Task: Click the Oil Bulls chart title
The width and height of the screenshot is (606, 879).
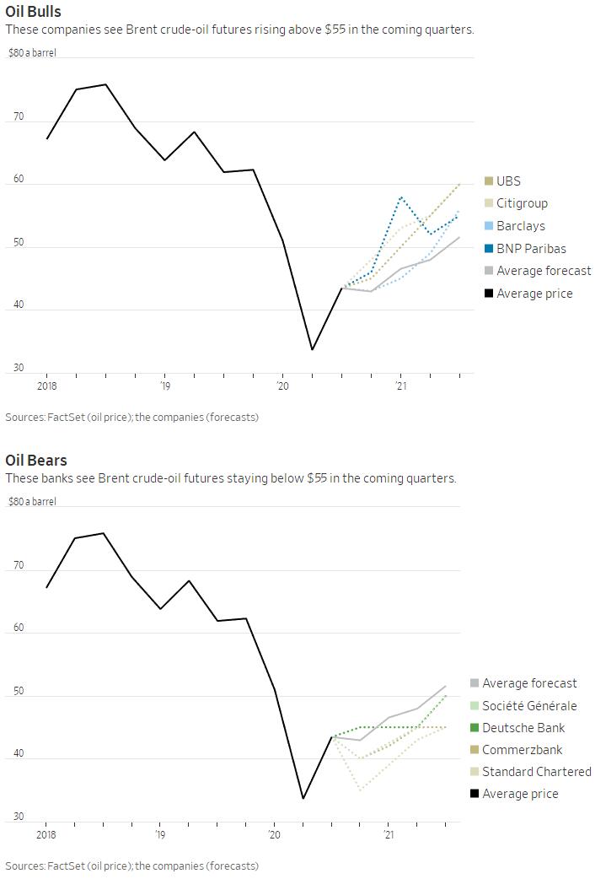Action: [33, 12]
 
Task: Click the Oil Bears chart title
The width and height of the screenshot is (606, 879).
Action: [35, 461]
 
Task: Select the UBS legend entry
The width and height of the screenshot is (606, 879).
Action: [508, 181]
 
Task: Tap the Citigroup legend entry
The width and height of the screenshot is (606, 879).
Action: [522, 203]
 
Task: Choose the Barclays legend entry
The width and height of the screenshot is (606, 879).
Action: [520, 226]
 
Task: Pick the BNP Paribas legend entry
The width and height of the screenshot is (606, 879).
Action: [531, 249]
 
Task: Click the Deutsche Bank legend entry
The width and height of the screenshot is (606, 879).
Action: [523, 728]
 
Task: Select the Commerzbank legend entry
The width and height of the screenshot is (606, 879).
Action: [522, 750]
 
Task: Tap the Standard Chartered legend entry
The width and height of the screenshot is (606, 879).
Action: [536, 772]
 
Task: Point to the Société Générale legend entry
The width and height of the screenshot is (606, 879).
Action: [529, 706]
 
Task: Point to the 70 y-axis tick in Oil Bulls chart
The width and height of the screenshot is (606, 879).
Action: [19, 119]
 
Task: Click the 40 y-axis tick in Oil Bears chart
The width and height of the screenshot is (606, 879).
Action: [19, 756]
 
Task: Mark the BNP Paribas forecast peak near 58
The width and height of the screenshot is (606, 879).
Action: [401, 197]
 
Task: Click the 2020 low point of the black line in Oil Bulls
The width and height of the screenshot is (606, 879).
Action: [312, 349]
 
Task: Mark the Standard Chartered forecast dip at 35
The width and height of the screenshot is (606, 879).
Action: [360, 790]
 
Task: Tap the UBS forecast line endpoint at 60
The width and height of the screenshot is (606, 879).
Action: [459, 184]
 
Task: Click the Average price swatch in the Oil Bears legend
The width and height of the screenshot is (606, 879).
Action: [475, 794]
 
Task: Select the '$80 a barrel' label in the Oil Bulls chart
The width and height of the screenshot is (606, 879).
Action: [33, 53]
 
